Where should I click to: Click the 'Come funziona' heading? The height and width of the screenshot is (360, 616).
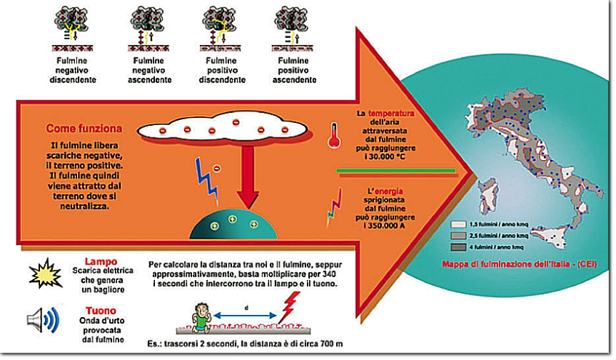84,129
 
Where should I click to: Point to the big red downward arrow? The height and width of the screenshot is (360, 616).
249,175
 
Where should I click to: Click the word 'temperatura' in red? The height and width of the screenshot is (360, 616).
391,114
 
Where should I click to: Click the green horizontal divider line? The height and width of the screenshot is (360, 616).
396,169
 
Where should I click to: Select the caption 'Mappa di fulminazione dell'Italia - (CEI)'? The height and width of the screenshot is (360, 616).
519,264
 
